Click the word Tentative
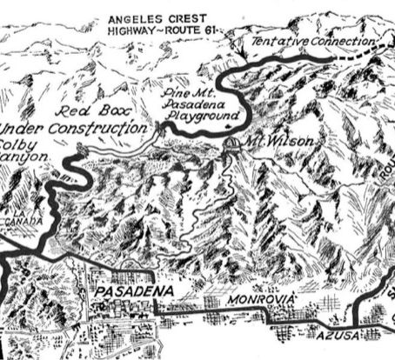pyautogui.click(x=277, y=41)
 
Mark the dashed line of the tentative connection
pyautogui.click(x=365, y=55)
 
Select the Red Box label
pyautogui.click(x=84, y=111)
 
